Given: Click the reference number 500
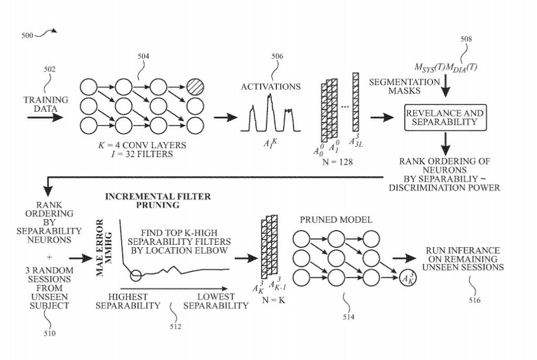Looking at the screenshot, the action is coord(27,35).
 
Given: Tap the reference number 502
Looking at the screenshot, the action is coord(49,69).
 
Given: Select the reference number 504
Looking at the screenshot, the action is coord(144,56).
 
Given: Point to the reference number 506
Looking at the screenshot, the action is coord(277,56).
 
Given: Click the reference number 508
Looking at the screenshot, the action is coord(466,39).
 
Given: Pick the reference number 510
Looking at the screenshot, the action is coord(49,333).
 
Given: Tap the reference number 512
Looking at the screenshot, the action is coord(175,326).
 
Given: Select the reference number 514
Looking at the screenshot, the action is coord(349,317).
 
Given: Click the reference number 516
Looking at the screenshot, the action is coord(475,300).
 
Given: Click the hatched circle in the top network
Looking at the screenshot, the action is coord(195,88).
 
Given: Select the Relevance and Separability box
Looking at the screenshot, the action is coord(445,117).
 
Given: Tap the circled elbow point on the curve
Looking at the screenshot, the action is coord(136,275).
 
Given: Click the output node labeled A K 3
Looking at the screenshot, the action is coord(408,278).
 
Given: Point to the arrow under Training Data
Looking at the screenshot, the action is coord(46,117).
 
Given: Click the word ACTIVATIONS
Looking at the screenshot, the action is coord(271,86).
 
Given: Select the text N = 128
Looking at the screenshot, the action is coord(337,161).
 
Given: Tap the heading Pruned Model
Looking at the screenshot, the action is coord(336,220).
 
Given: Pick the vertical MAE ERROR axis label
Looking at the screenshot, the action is coord(104,248).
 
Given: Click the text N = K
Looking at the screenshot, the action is coord(273,300).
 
